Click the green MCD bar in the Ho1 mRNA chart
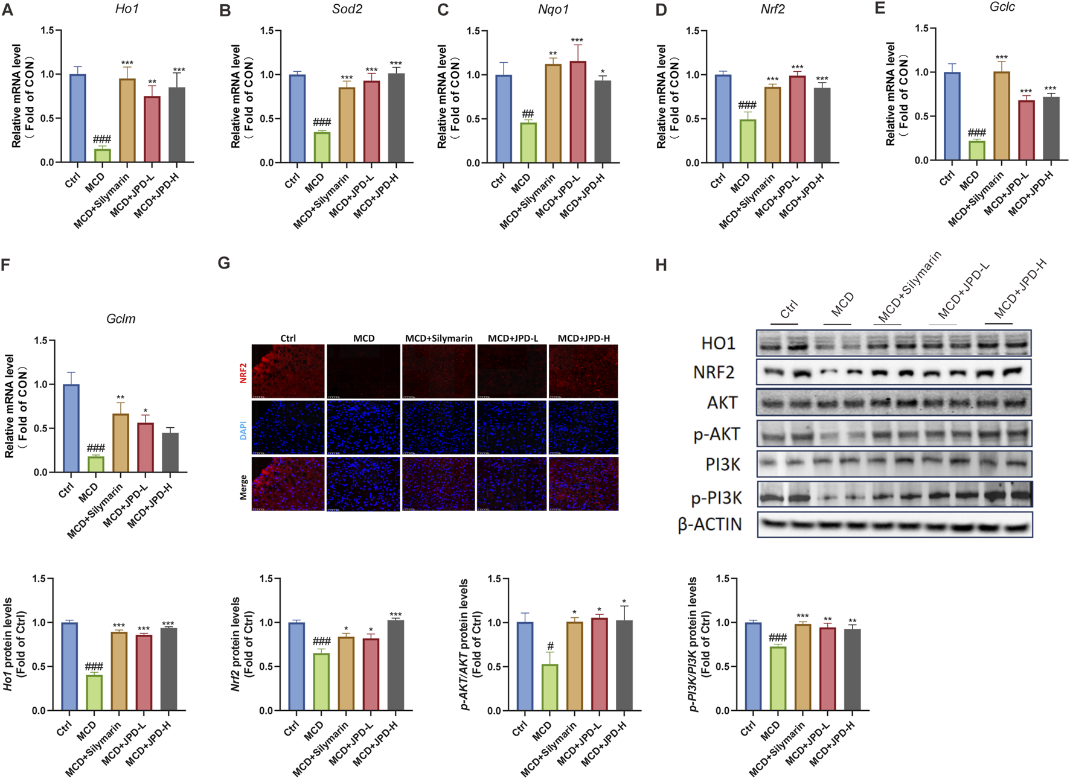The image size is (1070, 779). click(102, 155)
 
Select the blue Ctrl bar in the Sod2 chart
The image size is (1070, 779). click(297, 118)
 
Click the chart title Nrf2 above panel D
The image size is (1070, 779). click(772, 9)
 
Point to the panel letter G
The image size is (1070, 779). click(224, 264)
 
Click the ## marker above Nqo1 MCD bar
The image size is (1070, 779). click(528, 114)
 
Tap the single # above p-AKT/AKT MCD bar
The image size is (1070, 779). click(549, 647)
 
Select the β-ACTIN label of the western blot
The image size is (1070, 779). click(710, 524)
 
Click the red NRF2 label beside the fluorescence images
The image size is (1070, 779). click(243, 372)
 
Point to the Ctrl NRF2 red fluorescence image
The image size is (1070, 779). click(288, 371)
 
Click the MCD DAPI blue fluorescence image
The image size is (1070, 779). click(364, 427)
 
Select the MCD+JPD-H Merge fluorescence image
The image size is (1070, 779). click(583, 483)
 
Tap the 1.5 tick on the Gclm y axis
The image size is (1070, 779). click(40, 341)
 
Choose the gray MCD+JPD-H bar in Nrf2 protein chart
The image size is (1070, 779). click(396, 665)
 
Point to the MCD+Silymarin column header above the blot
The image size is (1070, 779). click(909, 288)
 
